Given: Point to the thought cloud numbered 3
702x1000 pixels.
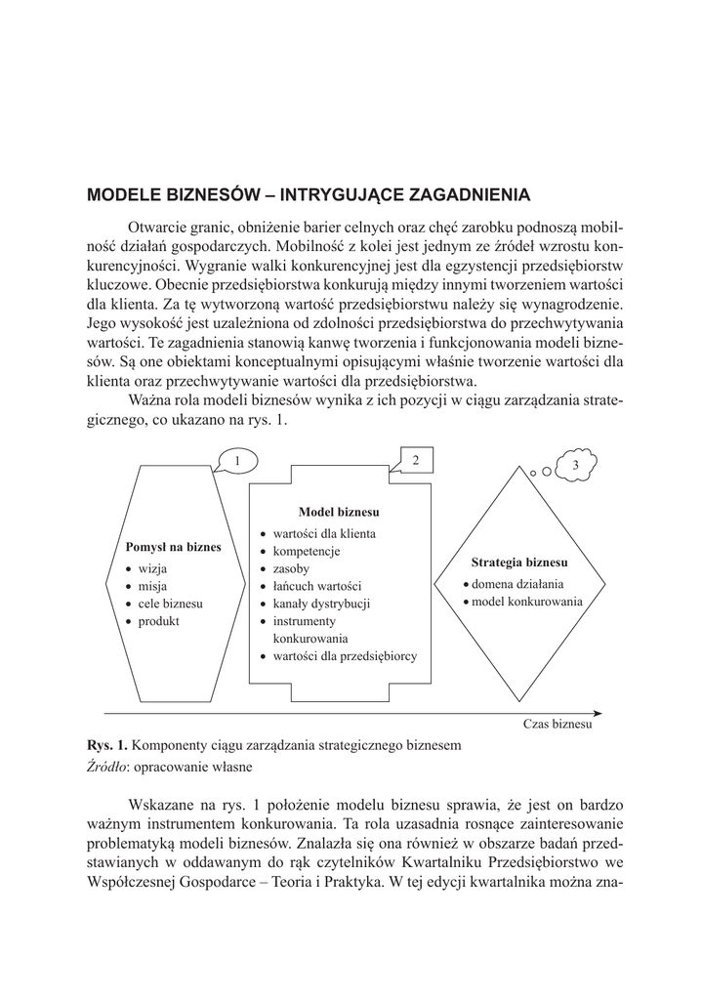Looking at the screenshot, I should [576, 465].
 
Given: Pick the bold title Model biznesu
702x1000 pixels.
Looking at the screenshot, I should [339, 512].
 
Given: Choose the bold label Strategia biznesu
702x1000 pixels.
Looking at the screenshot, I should [519, 563].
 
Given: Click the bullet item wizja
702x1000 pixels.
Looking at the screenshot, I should [152, 567].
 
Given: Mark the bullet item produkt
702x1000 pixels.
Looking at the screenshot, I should [159, 621].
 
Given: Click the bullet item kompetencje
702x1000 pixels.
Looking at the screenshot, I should [307, 551].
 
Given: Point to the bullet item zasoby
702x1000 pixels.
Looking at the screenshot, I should [291, 568].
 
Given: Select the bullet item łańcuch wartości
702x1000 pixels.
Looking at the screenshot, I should [316, 586].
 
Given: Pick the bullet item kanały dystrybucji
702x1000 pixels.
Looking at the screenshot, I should [321, 604].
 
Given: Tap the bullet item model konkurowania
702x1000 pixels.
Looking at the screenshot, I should [527, 602].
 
